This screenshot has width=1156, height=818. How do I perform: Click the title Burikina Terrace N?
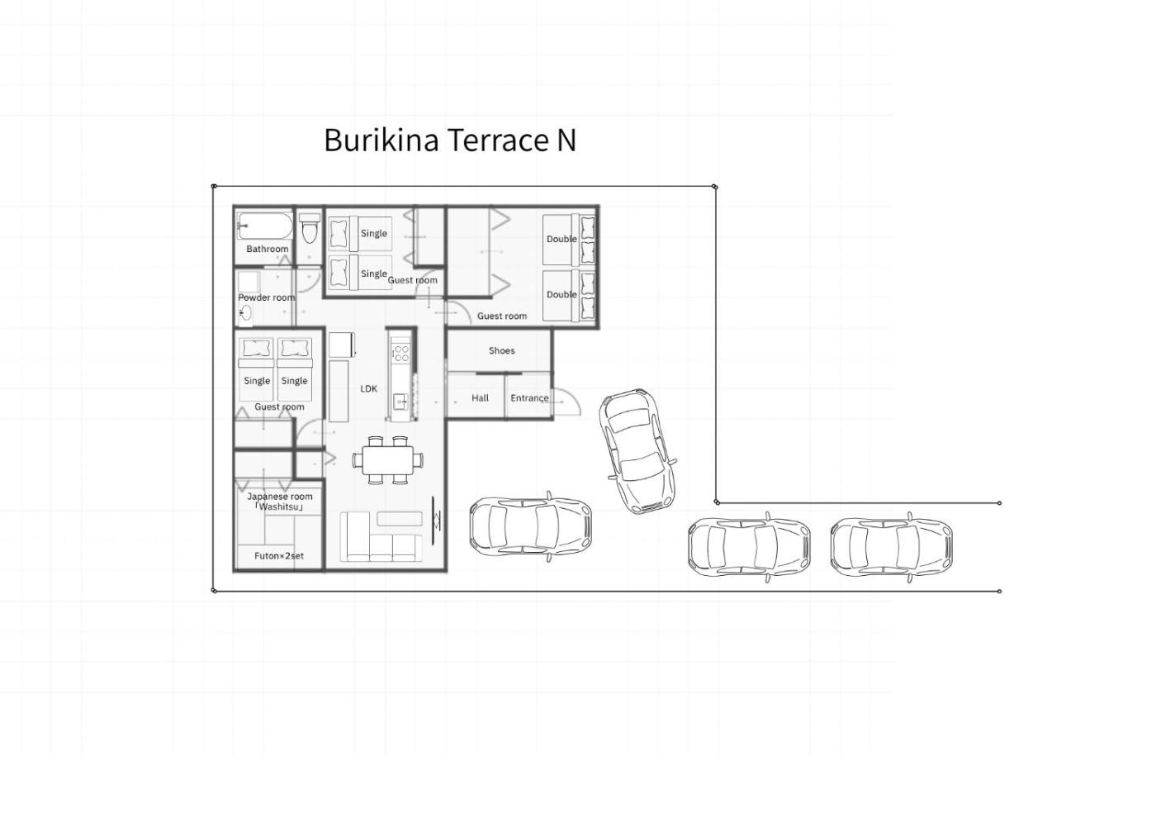click(449, 140)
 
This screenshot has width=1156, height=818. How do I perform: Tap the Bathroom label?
click(268, 249)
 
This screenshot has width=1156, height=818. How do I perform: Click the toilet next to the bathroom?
click(310, 228)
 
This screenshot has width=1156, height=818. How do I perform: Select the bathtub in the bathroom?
click(265, 226)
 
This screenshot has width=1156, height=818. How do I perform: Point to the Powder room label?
click(266, 297)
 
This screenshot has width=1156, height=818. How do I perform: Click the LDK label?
click(368, 389)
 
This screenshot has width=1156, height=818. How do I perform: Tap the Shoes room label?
click(502, 350)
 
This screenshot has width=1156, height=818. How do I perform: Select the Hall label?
click(480, 398)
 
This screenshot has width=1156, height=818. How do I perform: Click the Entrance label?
click(529, 398)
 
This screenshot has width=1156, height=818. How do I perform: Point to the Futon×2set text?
click(279, 556)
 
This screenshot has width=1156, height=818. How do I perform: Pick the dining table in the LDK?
click(388, 460)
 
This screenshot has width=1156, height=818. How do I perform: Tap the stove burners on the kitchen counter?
click(401, 354)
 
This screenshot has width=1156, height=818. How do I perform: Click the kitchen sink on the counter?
click(401, 401)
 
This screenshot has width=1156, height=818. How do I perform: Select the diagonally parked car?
click(637, 451)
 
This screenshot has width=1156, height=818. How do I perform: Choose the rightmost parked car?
click(892, 547)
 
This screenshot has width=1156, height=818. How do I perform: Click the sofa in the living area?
click(381, 536)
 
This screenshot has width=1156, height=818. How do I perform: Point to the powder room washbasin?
click(245, 312)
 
